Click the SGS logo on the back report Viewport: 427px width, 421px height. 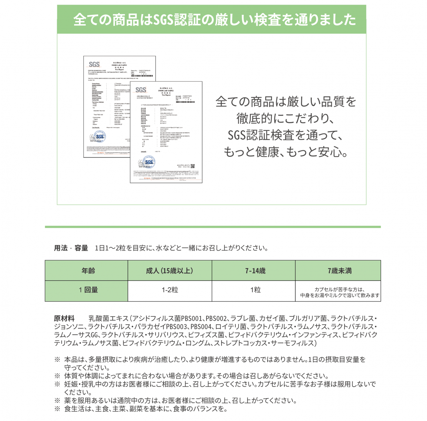pos(94,64)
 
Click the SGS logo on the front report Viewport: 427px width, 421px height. pos(141,90)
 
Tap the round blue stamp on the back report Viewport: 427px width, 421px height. pos(99,137)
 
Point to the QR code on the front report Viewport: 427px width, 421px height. pos(192,166)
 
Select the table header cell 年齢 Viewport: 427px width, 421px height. pos(86,270)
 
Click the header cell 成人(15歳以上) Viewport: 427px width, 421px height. pos(170,270)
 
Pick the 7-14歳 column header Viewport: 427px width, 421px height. pos(254,270)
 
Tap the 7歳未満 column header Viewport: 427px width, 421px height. pos(338,270)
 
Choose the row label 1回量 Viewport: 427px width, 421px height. pos(86,290)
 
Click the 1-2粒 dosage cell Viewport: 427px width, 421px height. pos(170,290)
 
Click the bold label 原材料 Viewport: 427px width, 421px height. pos(64,319)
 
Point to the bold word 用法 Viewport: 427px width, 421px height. pos(61,248)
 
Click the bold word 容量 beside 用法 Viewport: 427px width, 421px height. pos(81,248)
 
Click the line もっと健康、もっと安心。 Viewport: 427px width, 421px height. pos(286,152)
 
